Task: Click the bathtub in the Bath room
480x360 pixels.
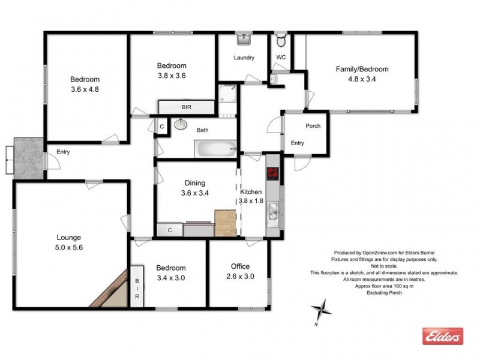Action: pos(215,148)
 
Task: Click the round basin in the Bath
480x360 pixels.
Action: pos(180,125)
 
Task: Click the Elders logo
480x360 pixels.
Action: pos(443,337)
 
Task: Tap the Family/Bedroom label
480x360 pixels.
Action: pos(361,69)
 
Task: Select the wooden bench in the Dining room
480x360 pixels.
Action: pos(226,223)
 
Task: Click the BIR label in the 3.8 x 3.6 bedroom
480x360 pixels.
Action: pos(186,107)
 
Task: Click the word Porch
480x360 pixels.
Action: pos(313,126)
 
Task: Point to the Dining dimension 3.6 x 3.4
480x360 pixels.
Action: pos(196,193)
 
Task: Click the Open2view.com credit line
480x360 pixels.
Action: pos(384,253)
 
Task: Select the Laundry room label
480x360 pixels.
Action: pos(244,58)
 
